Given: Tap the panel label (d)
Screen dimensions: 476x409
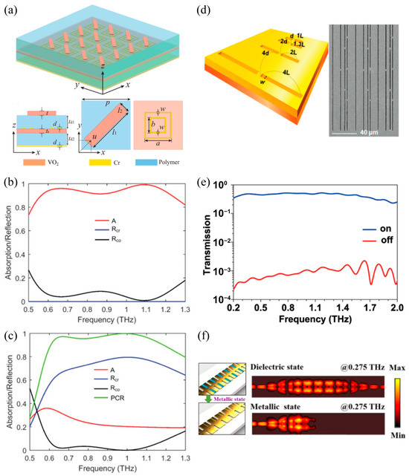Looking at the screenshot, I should click(210, 9).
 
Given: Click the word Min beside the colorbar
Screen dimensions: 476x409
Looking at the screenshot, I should click(396, 454).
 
